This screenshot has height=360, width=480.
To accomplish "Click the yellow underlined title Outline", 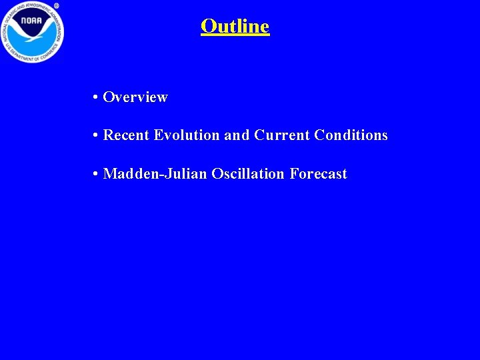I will click(x=235, y=27).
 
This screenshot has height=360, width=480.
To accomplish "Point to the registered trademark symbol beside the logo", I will click(x=57, y=5).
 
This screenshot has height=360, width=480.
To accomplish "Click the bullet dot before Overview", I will click(x=97, y=97).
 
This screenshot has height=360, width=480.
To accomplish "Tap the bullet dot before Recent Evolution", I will click(x=97, y=135).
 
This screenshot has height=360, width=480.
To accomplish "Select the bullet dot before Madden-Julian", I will click(x=97, y=174).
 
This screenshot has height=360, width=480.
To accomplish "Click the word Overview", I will click(x=135, y=97).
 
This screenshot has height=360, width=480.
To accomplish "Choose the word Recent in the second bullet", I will click(x=127, y=135).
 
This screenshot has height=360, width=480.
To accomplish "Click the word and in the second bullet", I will click(x=237, y=135).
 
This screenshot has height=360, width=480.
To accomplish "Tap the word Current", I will click(x=282, y=135).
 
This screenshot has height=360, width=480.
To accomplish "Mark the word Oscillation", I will click(x=248, y=174).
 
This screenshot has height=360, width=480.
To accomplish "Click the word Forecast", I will click(x=319, y=174).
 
